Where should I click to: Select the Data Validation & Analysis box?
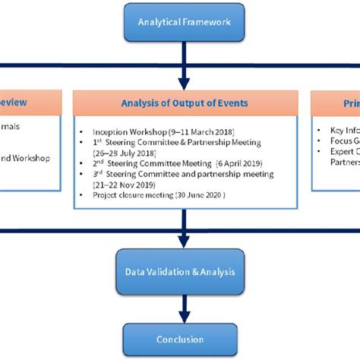[180, 270]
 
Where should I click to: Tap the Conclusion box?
[180, 339]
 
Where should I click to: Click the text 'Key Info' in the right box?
[343, 131]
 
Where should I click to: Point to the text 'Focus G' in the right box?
[343, 141]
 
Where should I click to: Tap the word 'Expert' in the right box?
[339, 150]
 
